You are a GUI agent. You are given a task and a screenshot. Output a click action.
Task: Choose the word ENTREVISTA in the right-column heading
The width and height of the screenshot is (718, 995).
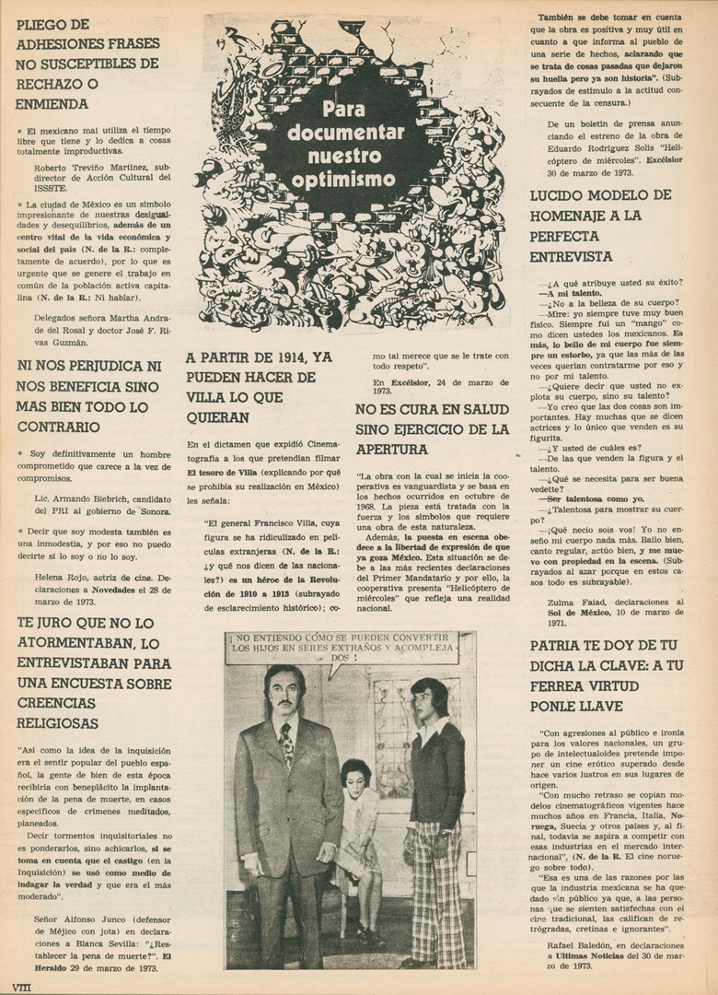click(571, 256)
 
